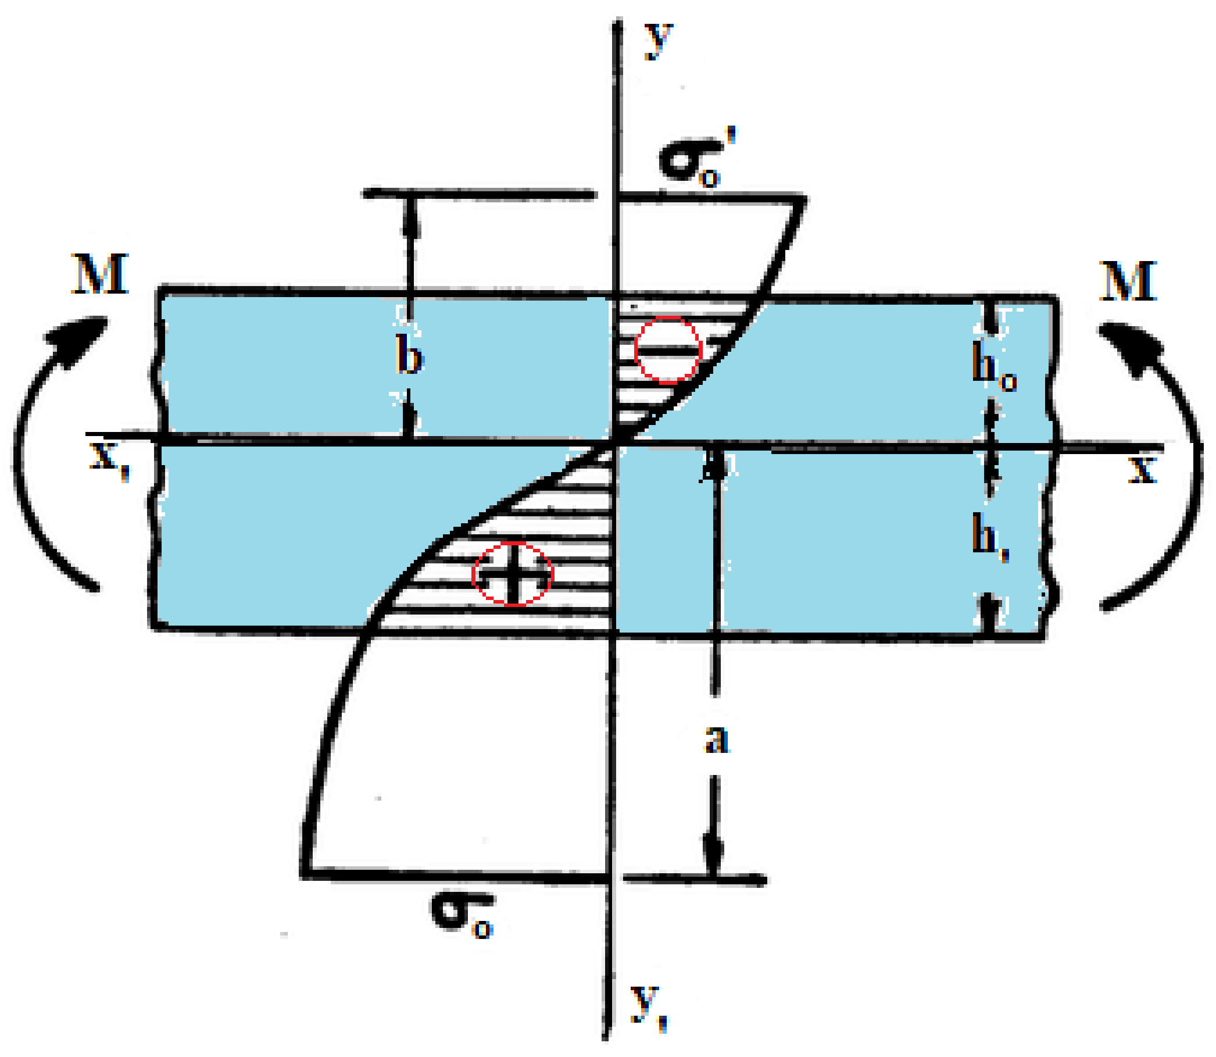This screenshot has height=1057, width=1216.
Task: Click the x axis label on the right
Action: click(x=1143, y=470)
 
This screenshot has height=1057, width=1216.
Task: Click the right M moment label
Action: click(x=1128, y=281)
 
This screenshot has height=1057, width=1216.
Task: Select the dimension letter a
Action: click(x=717, y=739)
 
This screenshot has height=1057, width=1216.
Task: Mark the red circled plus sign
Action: click(x=513, y=574)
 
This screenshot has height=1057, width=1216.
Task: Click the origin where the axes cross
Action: click(x=615, y=442)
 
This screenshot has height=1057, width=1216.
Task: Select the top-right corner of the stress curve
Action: click(x=804, y=199)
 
